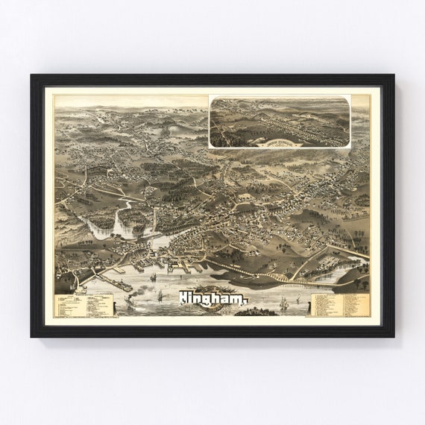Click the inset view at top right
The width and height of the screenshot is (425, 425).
(x=280, y=122)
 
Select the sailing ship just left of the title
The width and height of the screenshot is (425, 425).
(x=160, y=296)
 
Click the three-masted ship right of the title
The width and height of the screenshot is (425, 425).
(x=283, y=303)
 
